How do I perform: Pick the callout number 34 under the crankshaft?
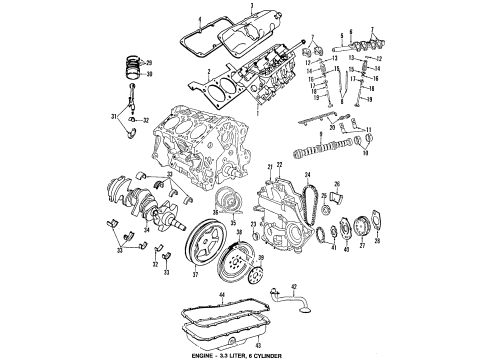(x=146, y=242)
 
